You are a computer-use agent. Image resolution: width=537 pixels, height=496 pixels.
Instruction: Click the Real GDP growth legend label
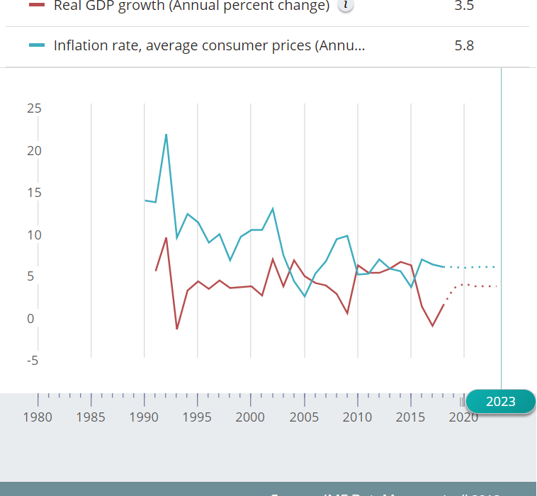pyautogui.click(x=191, y=6)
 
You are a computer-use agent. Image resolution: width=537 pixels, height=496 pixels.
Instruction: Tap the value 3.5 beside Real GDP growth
pyautogui.click(x=464, y=6)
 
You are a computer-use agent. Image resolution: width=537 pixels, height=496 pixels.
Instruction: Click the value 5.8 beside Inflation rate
pyautogui.click(x=464, y=46)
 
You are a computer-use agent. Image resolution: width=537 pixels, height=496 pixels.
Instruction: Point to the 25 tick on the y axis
pyautogui.click(x=34, y=108)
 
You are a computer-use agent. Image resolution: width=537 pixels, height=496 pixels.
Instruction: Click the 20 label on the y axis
pyautogui.click(x=34, y=150)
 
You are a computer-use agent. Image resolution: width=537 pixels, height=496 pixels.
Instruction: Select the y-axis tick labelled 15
pyautogui.click(x=34, y=193)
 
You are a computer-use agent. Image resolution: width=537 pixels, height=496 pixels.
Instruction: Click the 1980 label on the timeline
pyautogui.click(x=38, y=417)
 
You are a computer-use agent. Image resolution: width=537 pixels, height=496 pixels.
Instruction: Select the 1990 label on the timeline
pyautogui.click(x=144, y=417)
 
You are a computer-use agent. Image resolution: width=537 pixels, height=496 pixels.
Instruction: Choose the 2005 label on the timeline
pyautogui.click(x=304, y=417)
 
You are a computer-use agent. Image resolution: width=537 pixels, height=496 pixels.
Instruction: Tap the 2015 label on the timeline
pyautogui.click(x=410, y=417)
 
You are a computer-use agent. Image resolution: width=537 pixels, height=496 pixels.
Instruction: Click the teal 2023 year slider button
pyautogui.click(x=500, y=402)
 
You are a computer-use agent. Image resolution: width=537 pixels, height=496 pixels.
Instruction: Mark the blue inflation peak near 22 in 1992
pyautogui.click(x=166, y=135)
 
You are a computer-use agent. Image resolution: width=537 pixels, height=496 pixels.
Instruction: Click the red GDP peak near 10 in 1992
pyautogui.click(x=166, y=238)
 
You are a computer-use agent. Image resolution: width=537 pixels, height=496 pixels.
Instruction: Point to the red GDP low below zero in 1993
pyautogui.click(x=176, y=329)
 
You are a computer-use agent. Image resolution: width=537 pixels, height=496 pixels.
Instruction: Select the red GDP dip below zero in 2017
pyautogui.click(x=432, y=326)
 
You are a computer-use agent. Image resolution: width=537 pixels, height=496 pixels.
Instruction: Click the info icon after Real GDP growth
pyautogui.click(x=346, y=5)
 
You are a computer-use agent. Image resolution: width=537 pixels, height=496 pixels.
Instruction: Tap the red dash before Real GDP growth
pyautogui.click(x=38, y=5)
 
